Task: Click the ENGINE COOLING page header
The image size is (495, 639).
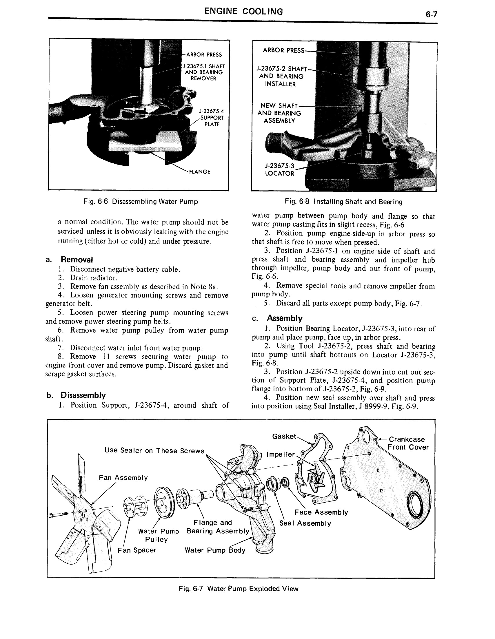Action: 243,12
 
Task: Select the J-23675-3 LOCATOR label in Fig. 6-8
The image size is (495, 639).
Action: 279,170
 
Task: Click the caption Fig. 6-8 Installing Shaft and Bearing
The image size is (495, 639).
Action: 343,202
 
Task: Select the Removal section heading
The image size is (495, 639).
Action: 77,260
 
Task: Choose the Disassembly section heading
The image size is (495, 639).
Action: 83,395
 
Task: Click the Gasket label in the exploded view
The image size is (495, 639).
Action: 284,436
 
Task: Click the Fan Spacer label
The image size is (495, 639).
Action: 137,550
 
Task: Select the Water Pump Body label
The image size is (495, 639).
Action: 215,550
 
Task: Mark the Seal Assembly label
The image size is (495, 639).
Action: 305,523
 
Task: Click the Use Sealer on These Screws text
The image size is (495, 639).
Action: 154,451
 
